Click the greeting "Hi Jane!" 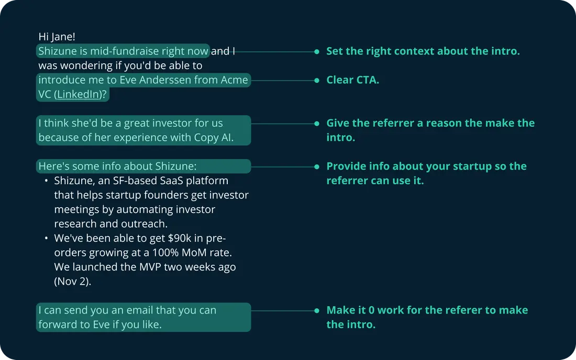click(x=57, y=37)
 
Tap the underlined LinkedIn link click(x=79, y=94)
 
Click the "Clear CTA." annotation click(x=352, y=80)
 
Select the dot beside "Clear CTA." click(x=317, y=81)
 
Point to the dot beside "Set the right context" click(x=317, y=52)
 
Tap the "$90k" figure click(x=180, y=238)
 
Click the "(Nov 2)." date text click(x=73, y=282)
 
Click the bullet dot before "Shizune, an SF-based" click(x=46, y=181)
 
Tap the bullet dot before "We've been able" click(x=46, y=238)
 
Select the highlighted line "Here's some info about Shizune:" click(x=117, y=166)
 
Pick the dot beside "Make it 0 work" click(x=317, y=311)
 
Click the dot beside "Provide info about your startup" click(x=317, y=167)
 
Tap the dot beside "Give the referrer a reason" click(x=317, y=123)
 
